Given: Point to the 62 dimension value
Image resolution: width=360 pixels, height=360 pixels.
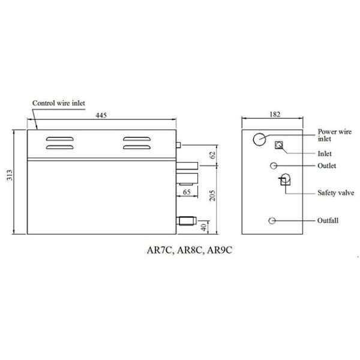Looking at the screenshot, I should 211,155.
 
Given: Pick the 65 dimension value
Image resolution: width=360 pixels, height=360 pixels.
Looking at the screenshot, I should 187,191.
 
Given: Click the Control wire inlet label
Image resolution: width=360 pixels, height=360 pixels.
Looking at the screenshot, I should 59,104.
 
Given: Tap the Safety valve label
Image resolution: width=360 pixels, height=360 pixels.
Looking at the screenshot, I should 335,193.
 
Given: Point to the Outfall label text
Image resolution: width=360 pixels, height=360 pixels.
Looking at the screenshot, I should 328,221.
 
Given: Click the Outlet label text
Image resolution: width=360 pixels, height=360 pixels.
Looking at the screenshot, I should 326,166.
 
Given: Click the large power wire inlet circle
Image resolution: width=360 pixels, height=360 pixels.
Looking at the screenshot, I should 259,139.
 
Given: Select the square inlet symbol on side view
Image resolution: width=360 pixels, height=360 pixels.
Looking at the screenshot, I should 278,145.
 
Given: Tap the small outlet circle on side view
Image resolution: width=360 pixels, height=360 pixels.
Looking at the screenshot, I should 274,165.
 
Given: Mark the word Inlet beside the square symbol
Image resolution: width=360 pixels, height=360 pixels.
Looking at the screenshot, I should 325,153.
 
